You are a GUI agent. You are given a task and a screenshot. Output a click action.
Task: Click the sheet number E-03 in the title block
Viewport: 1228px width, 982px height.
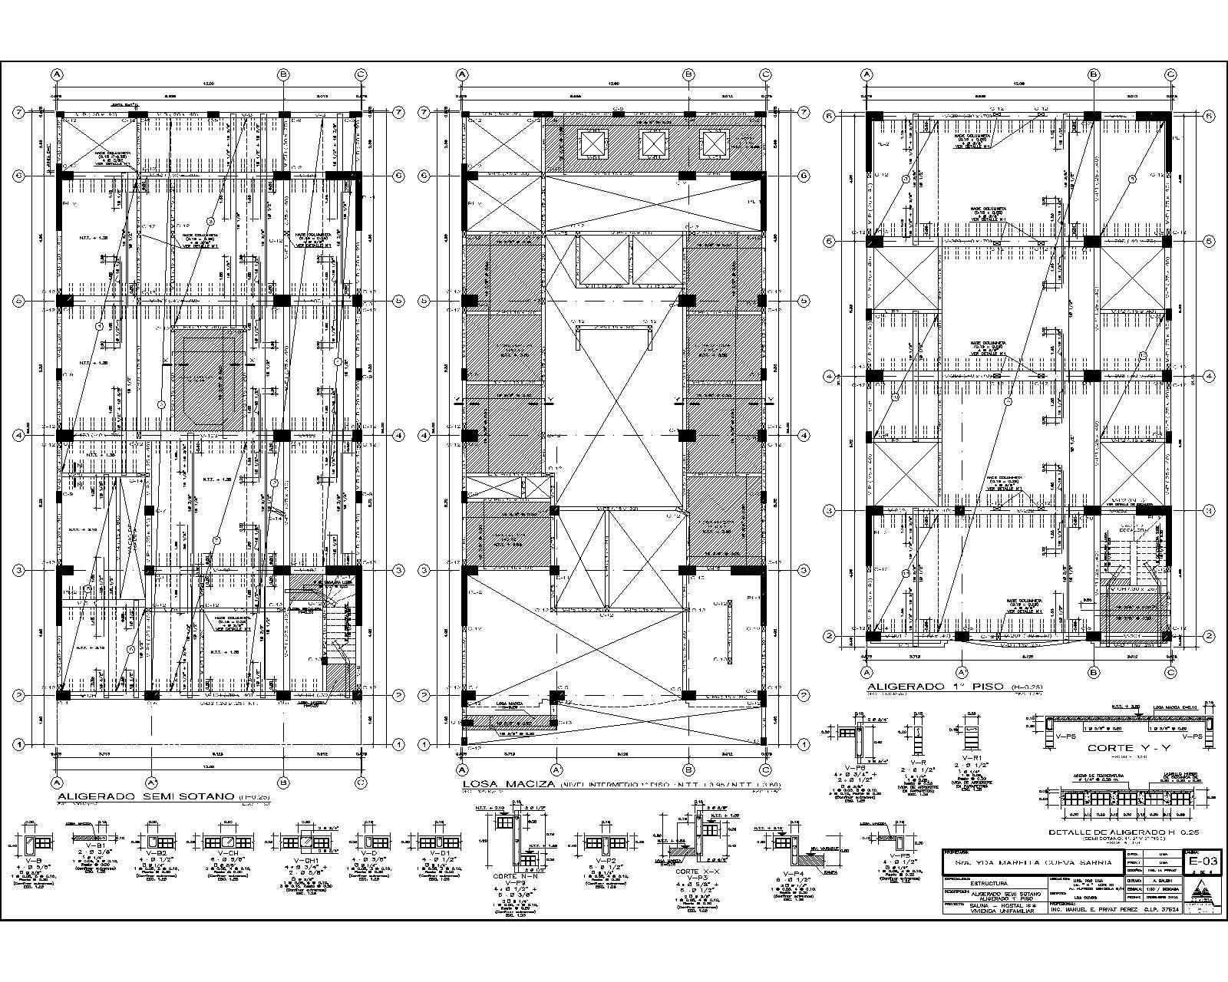(x=1201, y=862)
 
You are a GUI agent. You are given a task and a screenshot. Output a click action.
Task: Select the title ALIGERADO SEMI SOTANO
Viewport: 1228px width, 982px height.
(x=146, y=797)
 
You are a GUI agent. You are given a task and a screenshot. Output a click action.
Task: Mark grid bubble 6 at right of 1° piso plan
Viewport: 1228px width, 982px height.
(x=1209, y=115)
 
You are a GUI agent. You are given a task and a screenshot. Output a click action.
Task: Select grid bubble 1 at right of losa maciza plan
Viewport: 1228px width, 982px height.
(x=803, y=744)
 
